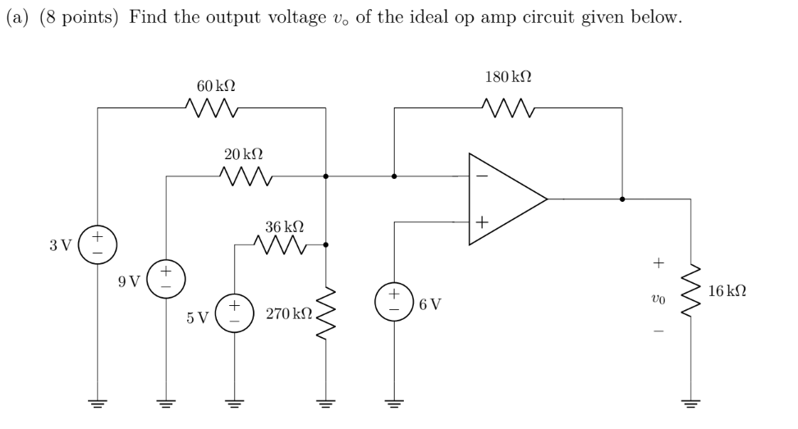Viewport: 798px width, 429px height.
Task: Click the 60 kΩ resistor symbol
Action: point(213,107)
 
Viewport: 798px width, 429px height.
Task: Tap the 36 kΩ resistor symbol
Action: point(281,244)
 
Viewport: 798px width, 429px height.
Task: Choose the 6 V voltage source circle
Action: point(395,302)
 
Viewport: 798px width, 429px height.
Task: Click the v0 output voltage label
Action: point(657,301)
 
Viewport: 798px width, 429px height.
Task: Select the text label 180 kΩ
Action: point(508,78)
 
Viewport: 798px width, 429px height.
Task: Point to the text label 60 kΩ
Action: point(216,85)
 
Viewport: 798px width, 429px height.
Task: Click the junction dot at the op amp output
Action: point(622,199)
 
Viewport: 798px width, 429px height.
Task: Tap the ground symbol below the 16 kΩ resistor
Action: point(690,404)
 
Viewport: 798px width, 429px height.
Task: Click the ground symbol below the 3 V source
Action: point(98,404)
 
